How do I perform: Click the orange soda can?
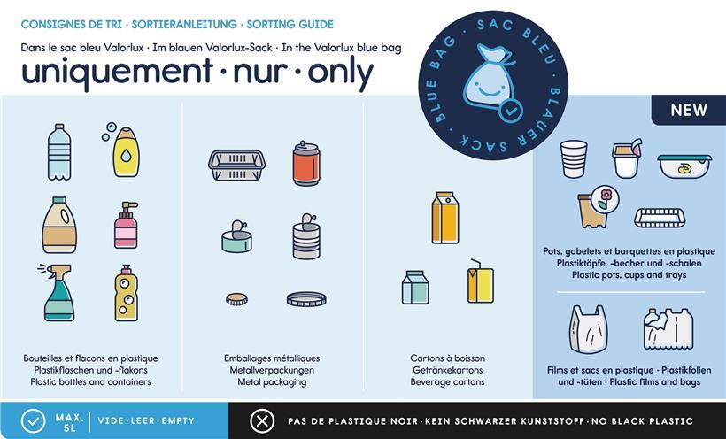click(x=306, y=164)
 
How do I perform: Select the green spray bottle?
click(x=58, y=293)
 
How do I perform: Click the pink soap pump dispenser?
click(x=126, y=226)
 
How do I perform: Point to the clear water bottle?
click(x=59, y=152)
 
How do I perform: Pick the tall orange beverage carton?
click(x=445, y=218)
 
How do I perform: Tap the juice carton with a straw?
click(x=480, y=281)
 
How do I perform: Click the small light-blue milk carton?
click(x=415, y=287)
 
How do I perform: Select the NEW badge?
click(x=689, y=110)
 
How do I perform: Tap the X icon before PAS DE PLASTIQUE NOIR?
click(x=262, y=421)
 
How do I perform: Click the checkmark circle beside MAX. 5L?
click(x=34, y=421)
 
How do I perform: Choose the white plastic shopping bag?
click(x=588, y=329)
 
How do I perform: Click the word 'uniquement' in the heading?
click(x=117, y=73)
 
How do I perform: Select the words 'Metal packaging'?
click(x=273, y=382)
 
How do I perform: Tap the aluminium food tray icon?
click(x=236, y=165)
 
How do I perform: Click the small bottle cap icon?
click(x=236, y=299)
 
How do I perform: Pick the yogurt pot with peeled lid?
click(x=627, y=158)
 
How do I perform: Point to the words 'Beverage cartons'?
click(x=447, y=382)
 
